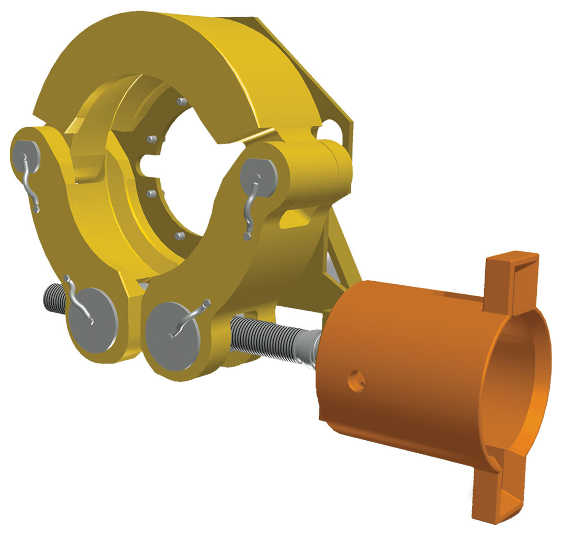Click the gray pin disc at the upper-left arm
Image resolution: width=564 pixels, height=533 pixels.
25,151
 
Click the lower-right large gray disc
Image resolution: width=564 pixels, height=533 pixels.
172,331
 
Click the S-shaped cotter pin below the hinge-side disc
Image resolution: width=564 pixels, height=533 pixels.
251,209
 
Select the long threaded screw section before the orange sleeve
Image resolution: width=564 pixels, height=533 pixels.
266,334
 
